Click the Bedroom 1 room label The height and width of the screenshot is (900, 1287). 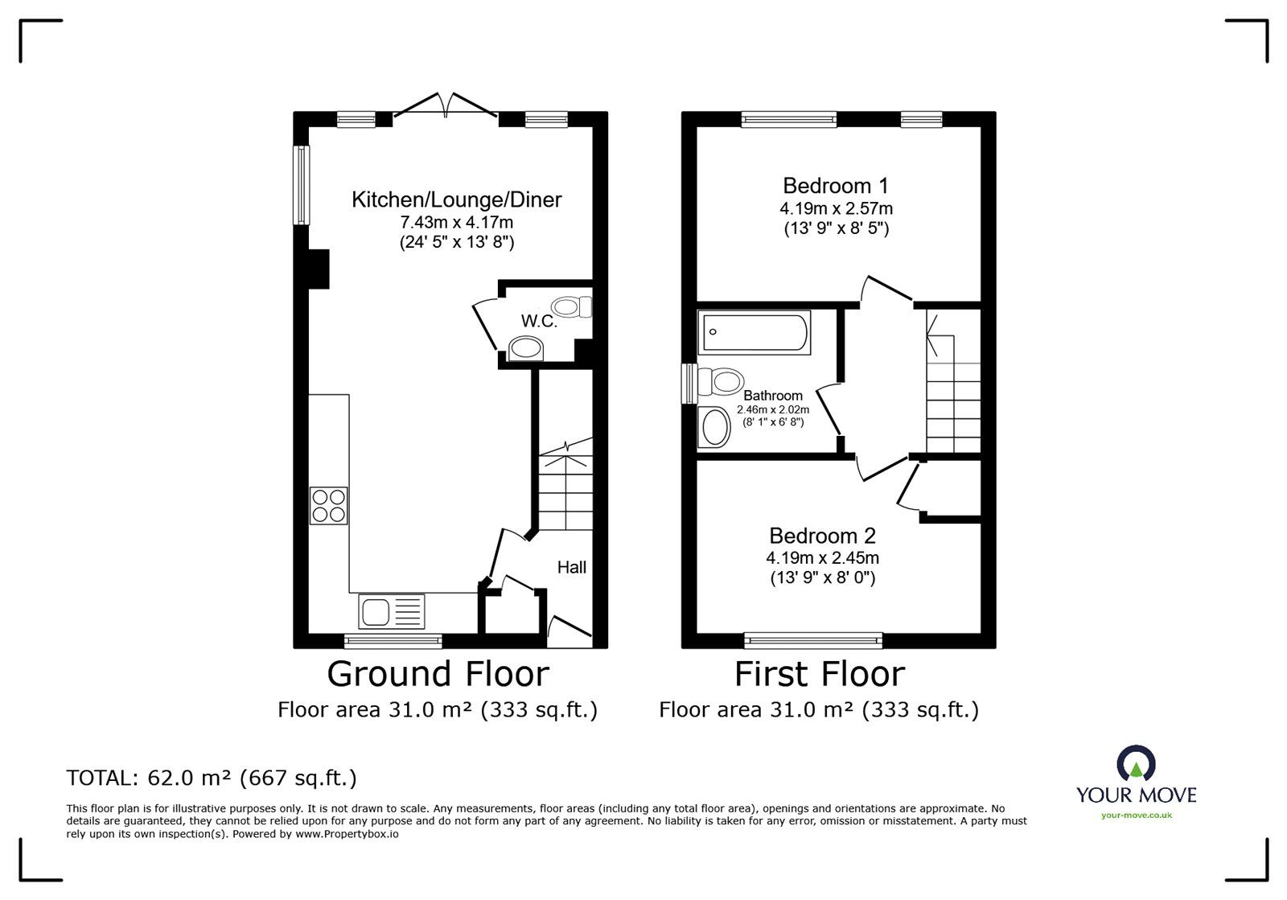point(835,186)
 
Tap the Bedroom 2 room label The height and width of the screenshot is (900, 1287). point(822,536)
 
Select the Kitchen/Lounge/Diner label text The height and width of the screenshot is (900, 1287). point(456,199)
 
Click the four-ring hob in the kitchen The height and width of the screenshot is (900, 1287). point(329,506)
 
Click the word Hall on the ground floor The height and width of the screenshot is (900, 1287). point(571,568)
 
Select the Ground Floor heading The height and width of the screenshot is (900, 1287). point(438,674)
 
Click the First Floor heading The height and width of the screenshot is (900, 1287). point(819,674)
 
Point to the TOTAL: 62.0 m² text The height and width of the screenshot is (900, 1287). point(212,778)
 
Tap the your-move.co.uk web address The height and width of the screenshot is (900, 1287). point(1136,816)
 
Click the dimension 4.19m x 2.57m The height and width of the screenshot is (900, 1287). point(835,208)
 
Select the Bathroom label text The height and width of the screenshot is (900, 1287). point(772,396)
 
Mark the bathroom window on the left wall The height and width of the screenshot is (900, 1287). point(689,384)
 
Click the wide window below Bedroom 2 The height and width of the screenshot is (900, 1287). point(813,640)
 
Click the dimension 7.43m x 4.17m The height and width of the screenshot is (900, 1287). point(456,222)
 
